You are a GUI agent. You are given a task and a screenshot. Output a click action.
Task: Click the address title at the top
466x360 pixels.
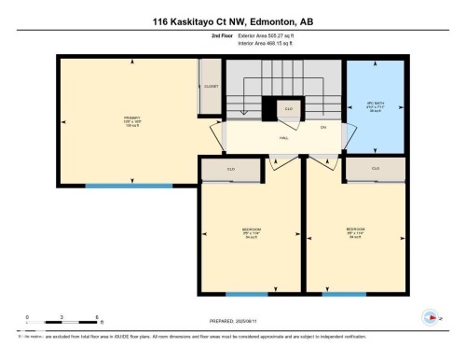coord(232,20)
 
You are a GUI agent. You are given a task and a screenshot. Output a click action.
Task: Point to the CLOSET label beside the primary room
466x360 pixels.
coord(211,86)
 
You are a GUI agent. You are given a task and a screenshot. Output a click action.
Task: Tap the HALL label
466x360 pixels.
coord(282,137)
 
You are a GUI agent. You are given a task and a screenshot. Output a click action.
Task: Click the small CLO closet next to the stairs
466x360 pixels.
coord(290,109)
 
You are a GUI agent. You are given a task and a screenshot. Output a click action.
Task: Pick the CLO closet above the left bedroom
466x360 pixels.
coord(231,170)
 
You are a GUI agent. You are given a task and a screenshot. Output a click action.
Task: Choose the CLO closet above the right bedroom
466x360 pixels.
coord(376,169)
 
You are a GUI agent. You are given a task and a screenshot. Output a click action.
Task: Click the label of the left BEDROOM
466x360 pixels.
coord(250,234)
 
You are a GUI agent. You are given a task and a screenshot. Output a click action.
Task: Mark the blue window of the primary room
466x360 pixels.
coord(129,186)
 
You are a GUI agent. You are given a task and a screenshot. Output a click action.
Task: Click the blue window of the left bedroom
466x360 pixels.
coord(251,294)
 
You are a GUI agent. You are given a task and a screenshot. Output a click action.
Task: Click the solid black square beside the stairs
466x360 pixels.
coord(269,110)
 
